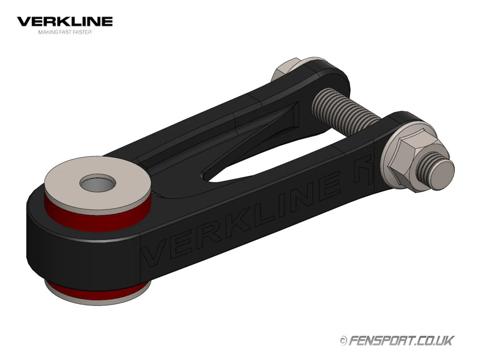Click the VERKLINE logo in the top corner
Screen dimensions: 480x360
tap(65, 22)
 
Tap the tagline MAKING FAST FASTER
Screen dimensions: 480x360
tap(65, 32)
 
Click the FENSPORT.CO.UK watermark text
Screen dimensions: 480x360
tap(402, 340)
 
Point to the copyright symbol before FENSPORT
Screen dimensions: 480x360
tap(344, 340)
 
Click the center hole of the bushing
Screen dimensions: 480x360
tap(97, 183)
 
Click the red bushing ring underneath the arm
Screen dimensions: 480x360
tap(97, 292)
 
